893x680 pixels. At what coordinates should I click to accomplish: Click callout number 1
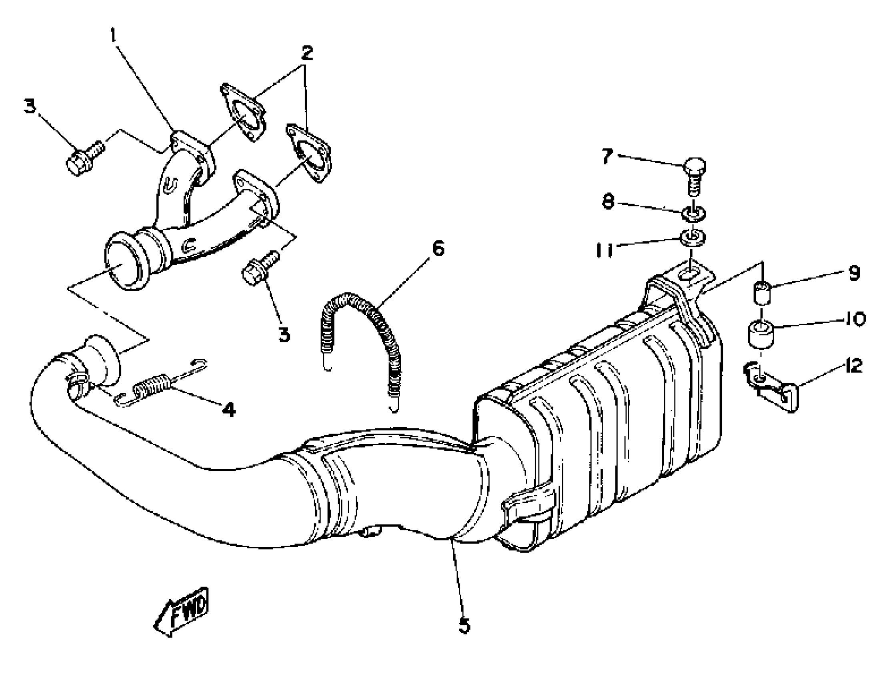click(x=114, y=36)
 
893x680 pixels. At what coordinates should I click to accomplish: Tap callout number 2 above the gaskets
click(x=306, y=53)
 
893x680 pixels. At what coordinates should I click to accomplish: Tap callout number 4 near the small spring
click(x=229, y=410)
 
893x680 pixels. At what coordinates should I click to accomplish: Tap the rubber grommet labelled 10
click(x=761, y=333)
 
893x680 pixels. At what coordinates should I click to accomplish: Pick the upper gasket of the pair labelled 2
click(x=243, y=111)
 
